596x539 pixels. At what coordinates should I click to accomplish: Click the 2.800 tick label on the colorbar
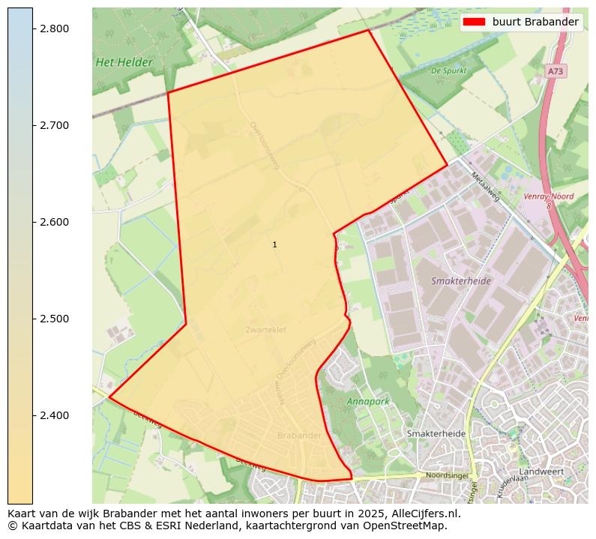pyautogui.click(x=54, y=28)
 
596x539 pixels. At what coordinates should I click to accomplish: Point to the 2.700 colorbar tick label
pyautogui.click(x=54, y=125)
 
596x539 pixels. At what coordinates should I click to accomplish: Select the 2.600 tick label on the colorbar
pyautogui.click(x=54, y=222)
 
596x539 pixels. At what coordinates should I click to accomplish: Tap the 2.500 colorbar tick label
pyautogui.click(x=54, y=319)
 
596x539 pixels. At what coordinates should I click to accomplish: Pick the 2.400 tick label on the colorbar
pyautogui.click(x=54, y=415)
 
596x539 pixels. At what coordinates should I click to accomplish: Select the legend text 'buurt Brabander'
pyautogui.click(x=535, y=22)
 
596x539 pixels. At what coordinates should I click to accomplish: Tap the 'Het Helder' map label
pyautogui.click(x=124, y=63)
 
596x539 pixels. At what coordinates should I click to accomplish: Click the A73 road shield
pyautogui.click(x=555, y=71)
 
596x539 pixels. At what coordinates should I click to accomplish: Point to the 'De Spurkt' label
pyautogui.click(x=449, y=71)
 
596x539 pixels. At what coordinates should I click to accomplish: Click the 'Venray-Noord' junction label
pyautogui.click(x=549, y=196)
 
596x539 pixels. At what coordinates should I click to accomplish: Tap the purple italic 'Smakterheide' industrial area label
pyautogui.click(x=461, y=281)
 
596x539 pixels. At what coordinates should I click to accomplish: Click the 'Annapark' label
pyautogui.click(x=368, y=402)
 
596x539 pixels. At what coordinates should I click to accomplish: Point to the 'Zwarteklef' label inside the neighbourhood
pyautogui.click(x=265, y=330)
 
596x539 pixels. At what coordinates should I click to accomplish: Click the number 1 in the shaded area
pyautogui.click(x=275, y=245)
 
